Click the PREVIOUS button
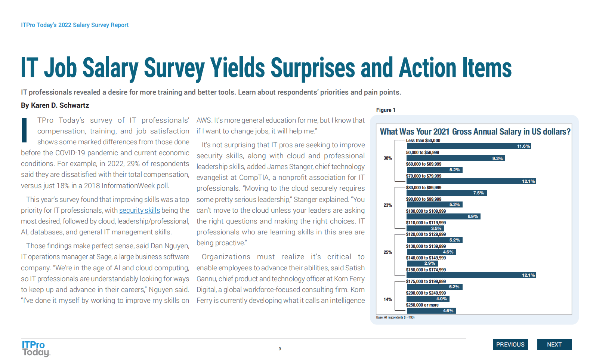pyautogui.click(x=510, y=344)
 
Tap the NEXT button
pyautogui.click(x=554, y=344)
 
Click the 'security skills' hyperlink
pyautogui.click(x=139, y=210)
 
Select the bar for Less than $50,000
pyautogui.click(x=469, y=146)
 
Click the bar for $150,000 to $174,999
pyautogui.click(x=471, y=275)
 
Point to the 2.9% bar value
pyautogui.click(x=430, y=263)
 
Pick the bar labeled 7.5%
pyautogui.click(x=447, y=193)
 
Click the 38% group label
pyautogui.click(x=387, y=158)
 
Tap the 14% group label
pyautogui.click(x=387, y=299)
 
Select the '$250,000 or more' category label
pyautogui.click(x=422, y=305)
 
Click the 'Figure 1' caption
pyautogui.click(x=386, y=110)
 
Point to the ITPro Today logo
pyautogui.click(x=35, y=348)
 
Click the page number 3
pyautogui.click(x=279, y=349)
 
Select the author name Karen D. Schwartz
pyautogui.click(x=60, y=105)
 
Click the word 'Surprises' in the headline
pyautogui.click(x=312, y=68)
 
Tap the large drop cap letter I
pyautogui.click(x=24, y=130)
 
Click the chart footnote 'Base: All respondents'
pyautogui.click(x=395, y=317)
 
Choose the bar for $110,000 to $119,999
pyautogui.click(x=425, y=228)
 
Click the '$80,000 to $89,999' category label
pyautogui.click(x=424, y=188)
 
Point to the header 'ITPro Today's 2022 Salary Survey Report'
pyautogui.click(x=75, y=25)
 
